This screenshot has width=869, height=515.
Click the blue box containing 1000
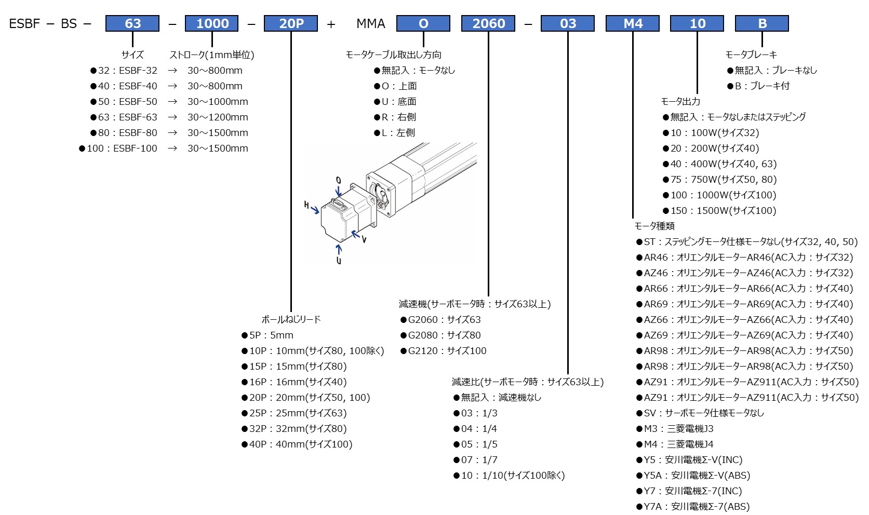tap(212, 23)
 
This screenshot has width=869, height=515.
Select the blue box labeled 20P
tap(291, 23)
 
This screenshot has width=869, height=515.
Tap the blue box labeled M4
tap(633, 23)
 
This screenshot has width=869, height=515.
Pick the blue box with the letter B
tap(762, 23)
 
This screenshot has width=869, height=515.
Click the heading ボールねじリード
tap(291, 319)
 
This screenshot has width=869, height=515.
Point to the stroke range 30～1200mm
tap(218, 117)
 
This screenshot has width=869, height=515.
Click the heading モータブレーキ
tap(751, 55)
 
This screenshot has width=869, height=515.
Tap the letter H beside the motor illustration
tap(306, 205)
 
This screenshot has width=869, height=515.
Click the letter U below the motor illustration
tap(339, 260)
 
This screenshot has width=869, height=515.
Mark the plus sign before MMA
tap(331, 24)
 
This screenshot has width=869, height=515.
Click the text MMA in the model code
tap(371, 23)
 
